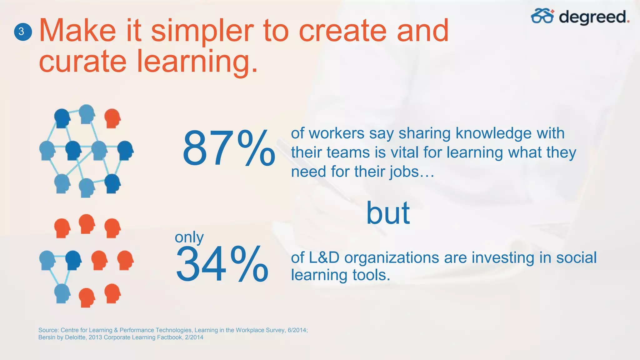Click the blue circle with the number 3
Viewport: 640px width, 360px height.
click(23, 32)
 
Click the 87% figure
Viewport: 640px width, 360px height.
click(228, 149)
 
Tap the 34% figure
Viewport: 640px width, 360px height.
click(222, 264)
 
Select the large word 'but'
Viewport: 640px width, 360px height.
click(388, 213)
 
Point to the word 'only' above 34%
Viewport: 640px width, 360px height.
click(189, 237)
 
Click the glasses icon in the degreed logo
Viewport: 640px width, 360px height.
click(542, 16)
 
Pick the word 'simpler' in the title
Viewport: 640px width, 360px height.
click(202, 31)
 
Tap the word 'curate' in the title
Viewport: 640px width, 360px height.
click(82, 61)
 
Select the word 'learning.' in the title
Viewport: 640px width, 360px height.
click(197, 62)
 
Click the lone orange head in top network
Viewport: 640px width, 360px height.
click(112, 118)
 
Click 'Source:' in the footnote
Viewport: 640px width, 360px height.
click(48, 330)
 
